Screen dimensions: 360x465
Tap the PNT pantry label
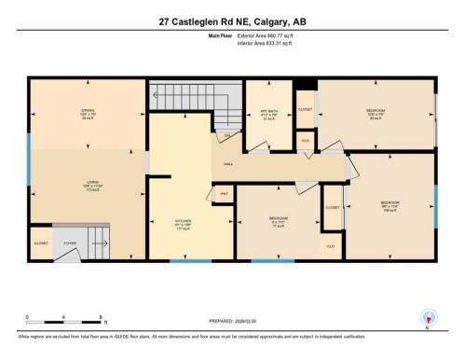(x=224, y=193)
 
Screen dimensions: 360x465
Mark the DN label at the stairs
(x=226, y=136)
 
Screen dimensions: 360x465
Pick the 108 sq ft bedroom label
(x=389, y=204)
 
